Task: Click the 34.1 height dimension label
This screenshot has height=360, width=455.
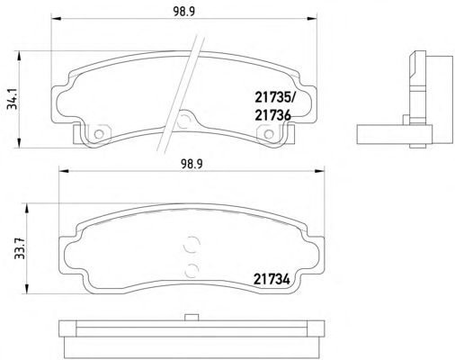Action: pyautogui.click(x=13, y=100)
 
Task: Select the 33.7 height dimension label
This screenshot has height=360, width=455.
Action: pyautogui.click(x=20, y=248)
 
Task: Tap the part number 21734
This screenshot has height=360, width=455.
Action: pyautogui.click(x=272, y=279)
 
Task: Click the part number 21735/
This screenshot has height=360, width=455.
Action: pyautogui.click(x=274, y=97)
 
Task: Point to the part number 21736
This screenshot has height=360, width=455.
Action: pyautogui.click(x=272, y=115)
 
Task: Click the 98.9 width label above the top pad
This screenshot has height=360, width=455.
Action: pyautogui.click(x=184, y=11)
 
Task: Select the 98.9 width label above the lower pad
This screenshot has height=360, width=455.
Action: pyautogui.click(x=192, y=164)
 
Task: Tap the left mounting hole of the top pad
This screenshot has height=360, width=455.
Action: pyautogui.click(x=99, y=134)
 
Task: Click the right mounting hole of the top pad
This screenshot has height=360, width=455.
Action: pyautogui.click(x=269, y=134)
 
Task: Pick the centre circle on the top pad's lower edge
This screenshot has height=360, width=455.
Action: pyautogui.click(x=183, y=121)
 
